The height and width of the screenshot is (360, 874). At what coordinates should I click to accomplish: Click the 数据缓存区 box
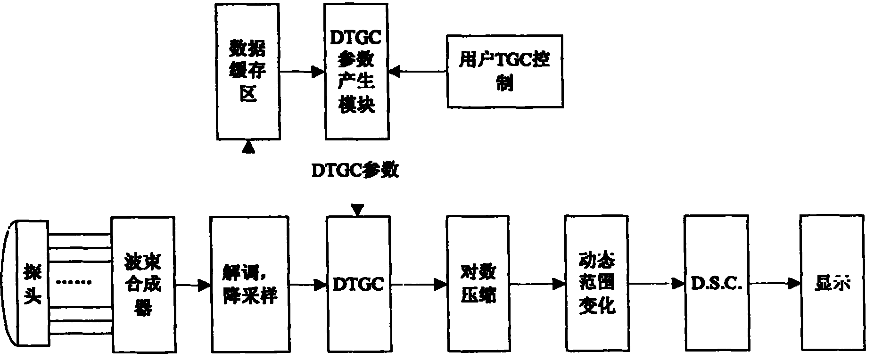coord(248,72)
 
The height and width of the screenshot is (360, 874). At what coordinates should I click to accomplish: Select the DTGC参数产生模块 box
coord(357,72)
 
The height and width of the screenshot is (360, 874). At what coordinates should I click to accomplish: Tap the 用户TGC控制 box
coord(504,71)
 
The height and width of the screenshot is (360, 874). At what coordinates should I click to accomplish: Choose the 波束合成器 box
coord(143,285)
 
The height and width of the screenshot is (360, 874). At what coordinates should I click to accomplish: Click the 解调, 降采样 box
coord(250,285)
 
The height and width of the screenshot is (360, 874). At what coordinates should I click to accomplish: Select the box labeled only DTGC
coord(358,284)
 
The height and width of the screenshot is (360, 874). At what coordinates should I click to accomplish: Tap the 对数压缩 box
coord(478,284)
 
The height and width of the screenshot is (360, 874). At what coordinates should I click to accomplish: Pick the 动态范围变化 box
coord(597,284)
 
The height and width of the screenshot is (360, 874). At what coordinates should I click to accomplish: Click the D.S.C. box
coord(716,284)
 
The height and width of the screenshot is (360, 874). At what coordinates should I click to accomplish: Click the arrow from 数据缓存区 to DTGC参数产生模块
coord(302,72)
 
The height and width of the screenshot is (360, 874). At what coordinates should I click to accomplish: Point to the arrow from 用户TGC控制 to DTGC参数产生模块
coord(418,72)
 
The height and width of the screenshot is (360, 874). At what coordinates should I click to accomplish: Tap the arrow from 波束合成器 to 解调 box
coord(193,285)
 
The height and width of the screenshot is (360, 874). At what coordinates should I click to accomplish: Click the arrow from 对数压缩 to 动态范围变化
coord(537,284)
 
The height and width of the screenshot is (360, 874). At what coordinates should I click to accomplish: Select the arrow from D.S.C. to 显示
coord(775,284)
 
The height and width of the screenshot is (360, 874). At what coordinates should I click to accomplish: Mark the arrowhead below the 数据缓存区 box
coord(248,148)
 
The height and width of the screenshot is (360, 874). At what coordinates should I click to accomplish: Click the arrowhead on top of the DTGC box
coord(358,210)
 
